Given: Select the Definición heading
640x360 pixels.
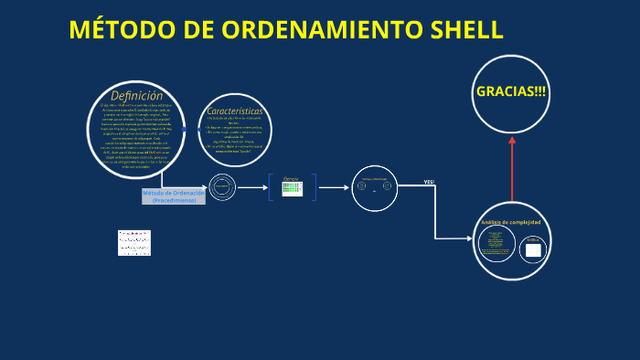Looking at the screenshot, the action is [136, 96].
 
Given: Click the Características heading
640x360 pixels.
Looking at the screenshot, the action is [235, 111].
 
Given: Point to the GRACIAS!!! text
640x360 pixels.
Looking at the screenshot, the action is [511, 91].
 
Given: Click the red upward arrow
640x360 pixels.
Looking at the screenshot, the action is [511, 164].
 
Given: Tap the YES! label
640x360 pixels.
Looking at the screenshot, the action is [429, 183].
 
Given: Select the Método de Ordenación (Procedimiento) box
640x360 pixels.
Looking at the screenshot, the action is [174, 196].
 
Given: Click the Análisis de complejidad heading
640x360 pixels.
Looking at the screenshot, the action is [511, 223].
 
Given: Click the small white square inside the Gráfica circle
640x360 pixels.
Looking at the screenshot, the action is [533, 249].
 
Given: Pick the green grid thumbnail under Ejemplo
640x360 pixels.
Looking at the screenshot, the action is [292, 189].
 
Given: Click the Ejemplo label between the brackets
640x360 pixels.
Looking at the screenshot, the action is [291, 178].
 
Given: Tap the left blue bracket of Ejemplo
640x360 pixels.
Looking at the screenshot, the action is [271, 187].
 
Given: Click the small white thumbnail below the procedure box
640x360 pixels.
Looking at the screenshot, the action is [134, 242].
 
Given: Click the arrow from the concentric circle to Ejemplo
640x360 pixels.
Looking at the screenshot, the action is [252, 187].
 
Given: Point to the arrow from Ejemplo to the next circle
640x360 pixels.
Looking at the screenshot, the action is [334, 187].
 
